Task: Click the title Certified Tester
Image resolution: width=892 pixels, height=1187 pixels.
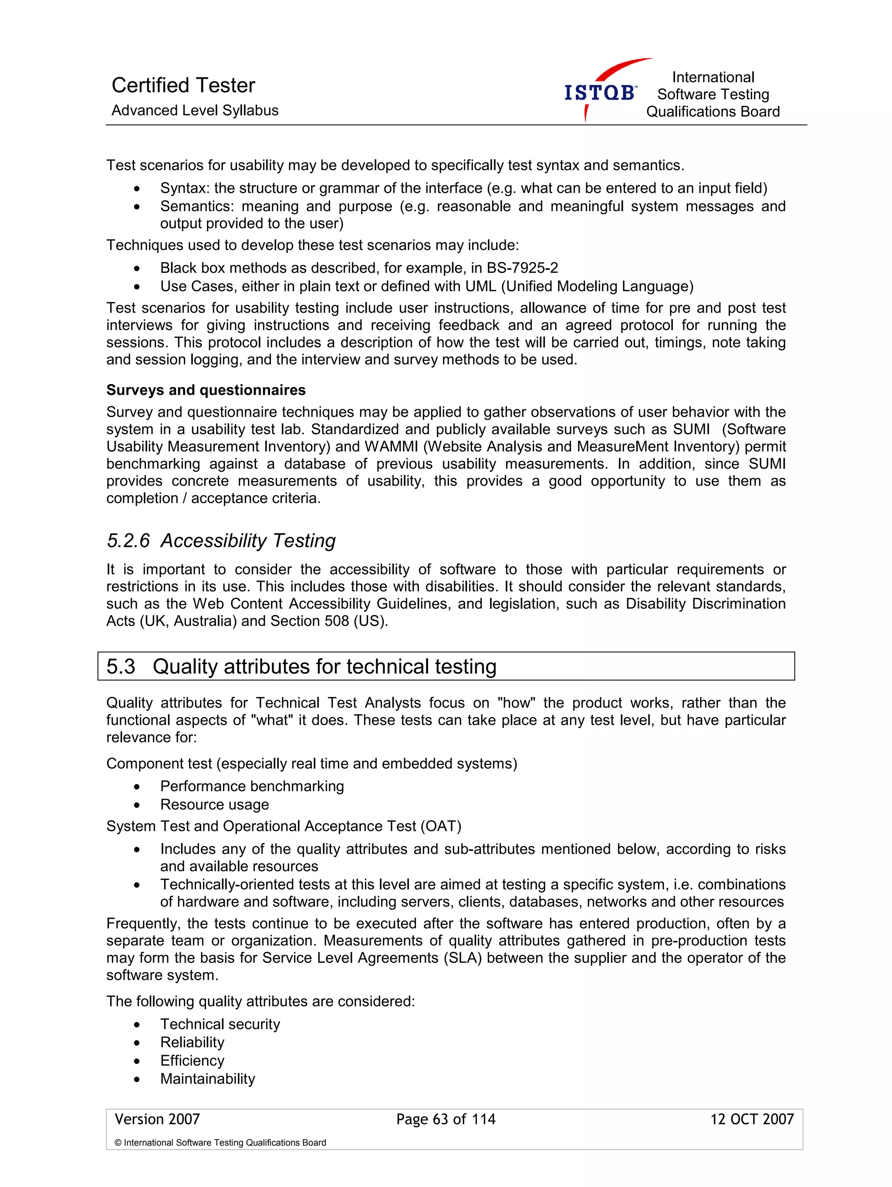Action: [183, 85]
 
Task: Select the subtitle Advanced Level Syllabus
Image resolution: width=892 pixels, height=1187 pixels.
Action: [195, 111]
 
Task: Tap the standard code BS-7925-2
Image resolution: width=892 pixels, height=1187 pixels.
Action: [522, 268]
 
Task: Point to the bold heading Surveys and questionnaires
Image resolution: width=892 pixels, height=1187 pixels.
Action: [206, 390]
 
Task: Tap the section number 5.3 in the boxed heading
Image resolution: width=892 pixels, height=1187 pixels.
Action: [121, 667]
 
